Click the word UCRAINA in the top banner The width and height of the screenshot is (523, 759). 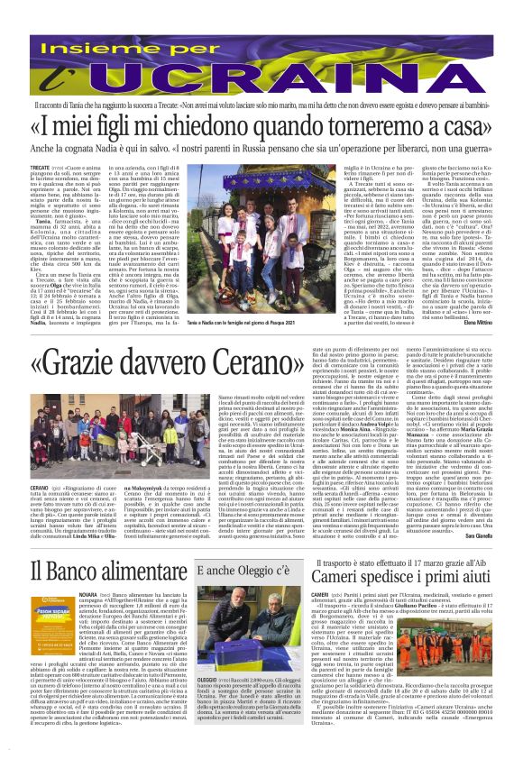(262, 59)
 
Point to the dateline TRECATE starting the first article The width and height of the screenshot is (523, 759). (15, 168)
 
